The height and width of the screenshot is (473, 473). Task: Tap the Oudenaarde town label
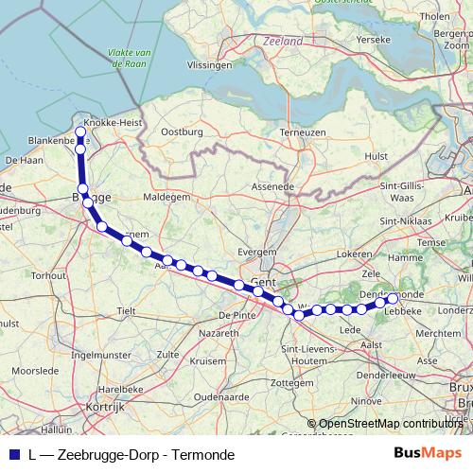point(219,397)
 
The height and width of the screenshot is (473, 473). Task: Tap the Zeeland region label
point(284,42)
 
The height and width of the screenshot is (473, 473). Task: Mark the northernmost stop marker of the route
point(80,132)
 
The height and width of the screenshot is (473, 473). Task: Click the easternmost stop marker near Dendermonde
point(393,299)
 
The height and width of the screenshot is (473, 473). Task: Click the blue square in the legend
point(12,454)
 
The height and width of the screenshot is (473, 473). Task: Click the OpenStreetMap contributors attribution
point(392,425)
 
